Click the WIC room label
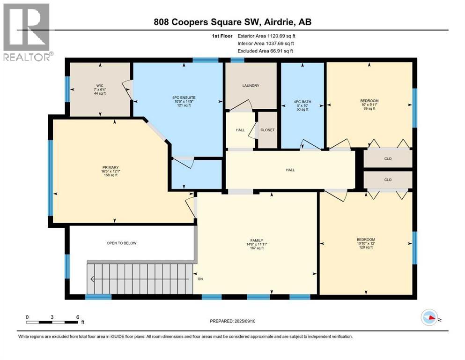point(99,86)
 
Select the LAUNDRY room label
point(251,86)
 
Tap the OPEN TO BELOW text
point(121,243)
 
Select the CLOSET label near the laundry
point(267,130)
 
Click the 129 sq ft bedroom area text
point(365,247)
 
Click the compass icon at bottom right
point(430,318)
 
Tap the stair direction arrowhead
point(93,280)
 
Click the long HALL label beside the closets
point(290,170)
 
